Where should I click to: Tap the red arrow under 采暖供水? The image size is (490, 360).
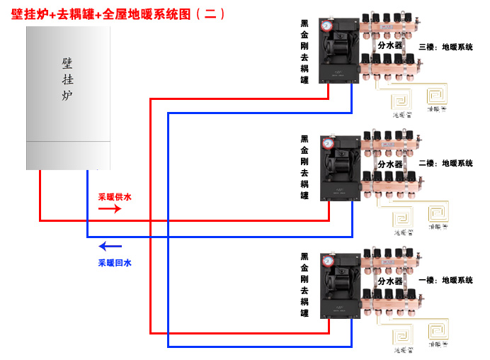pos(109,209)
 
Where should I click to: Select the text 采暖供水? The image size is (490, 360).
pos(114,196)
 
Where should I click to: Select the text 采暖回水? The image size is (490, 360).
pos(114,262)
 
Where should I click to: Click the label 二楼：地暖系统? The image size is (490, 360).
pos(445,163)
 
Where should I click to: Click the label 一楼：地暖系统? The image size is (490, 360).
pos(445,281)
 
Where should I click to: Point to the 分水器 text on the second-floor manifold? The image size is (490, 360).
pos(389,164)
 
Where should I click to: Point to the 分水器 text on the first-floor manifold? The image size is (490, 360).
pos(389,281)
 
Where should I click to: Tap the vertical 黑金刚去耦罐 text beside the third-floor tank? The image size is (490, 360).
pos(304,52)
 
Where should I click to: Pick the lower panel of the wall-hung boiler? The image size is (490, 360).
pos(69,155)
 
